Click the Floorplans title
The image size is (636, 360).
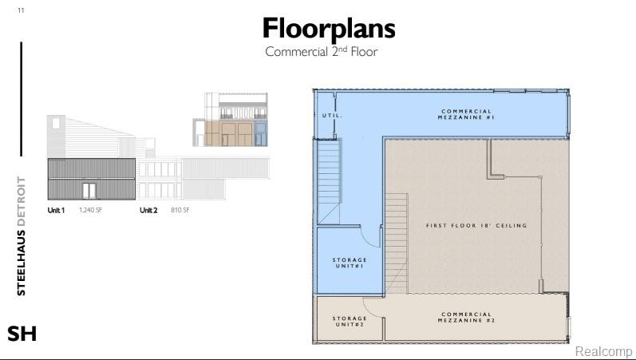click(x=329, y=29)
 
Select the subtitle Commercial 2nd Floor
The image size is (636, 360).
click(x=322, y=52)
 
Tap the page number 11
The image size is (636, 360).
click(x=21, y=10)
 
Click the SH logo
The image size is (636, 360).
click(x=22, y=334)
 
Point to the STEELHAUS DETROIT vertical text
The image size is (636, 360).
click(x=21, y=236)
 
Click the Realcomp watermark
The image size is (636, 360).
click(x=603, y=351)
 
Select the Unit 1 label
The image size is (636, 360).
click(x=56, y=210)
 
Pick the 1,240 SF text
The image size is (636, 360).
click(x=90, y=210)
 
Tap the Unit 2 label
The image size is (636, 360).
click(x=148, y=210)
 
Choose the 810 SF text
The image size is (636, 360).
click(x=180, y=210)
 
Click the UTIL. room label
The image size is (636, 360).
click(x=332, y=116)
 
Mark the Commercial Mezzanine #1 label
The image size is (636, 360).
click(x=467, y=114)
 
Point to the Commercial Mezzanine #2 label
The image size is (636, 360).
click(x=467, y=318)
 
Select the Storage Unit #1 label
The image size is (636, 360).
click(x=350, y=263)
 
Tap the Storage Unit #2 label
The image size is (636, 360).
click(x=350, y=322)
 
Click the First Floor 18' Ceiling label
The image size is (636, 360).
click(x=476, y=225)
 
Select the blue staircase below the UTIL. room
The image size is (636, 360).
click(x=329, y=181)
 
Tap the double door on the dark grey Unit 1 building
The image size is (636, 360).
click(x=89, y=191)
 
